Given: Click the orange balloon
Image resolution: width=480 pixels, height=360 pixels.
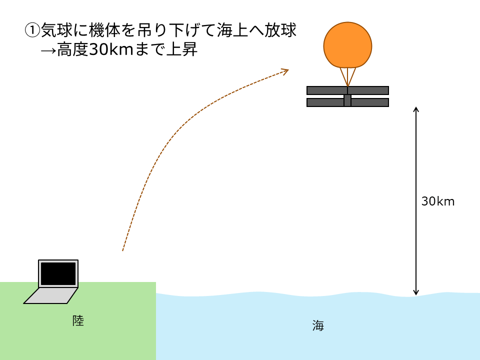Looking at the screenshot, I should [347, 45].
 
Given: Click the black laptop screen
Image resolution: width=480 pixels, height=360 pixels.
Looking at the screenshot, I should [58, 273].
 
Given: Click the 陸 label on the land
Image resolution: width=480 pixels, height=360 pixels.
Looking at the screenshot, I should [78, 320].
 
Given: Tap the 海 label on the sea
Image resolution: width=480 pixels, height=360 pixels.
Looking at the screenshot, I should [318, 326].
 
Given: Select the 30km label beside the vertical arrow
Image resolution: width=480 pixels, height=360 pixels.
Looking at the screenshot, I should [438, 201].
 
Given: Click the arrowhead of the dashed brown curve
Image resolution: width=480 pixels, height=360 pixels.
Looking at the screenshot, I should [285, 71].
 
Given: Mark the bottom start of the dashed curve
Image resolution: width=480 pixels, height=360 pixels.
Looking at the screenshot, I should [123, 249].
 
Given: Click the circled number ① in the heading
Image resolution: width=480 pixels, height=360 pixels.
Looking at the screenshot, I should [32, 30].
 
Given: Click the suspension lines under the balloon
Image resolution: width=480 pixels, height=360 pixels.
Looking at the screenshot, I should [347, 76].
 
